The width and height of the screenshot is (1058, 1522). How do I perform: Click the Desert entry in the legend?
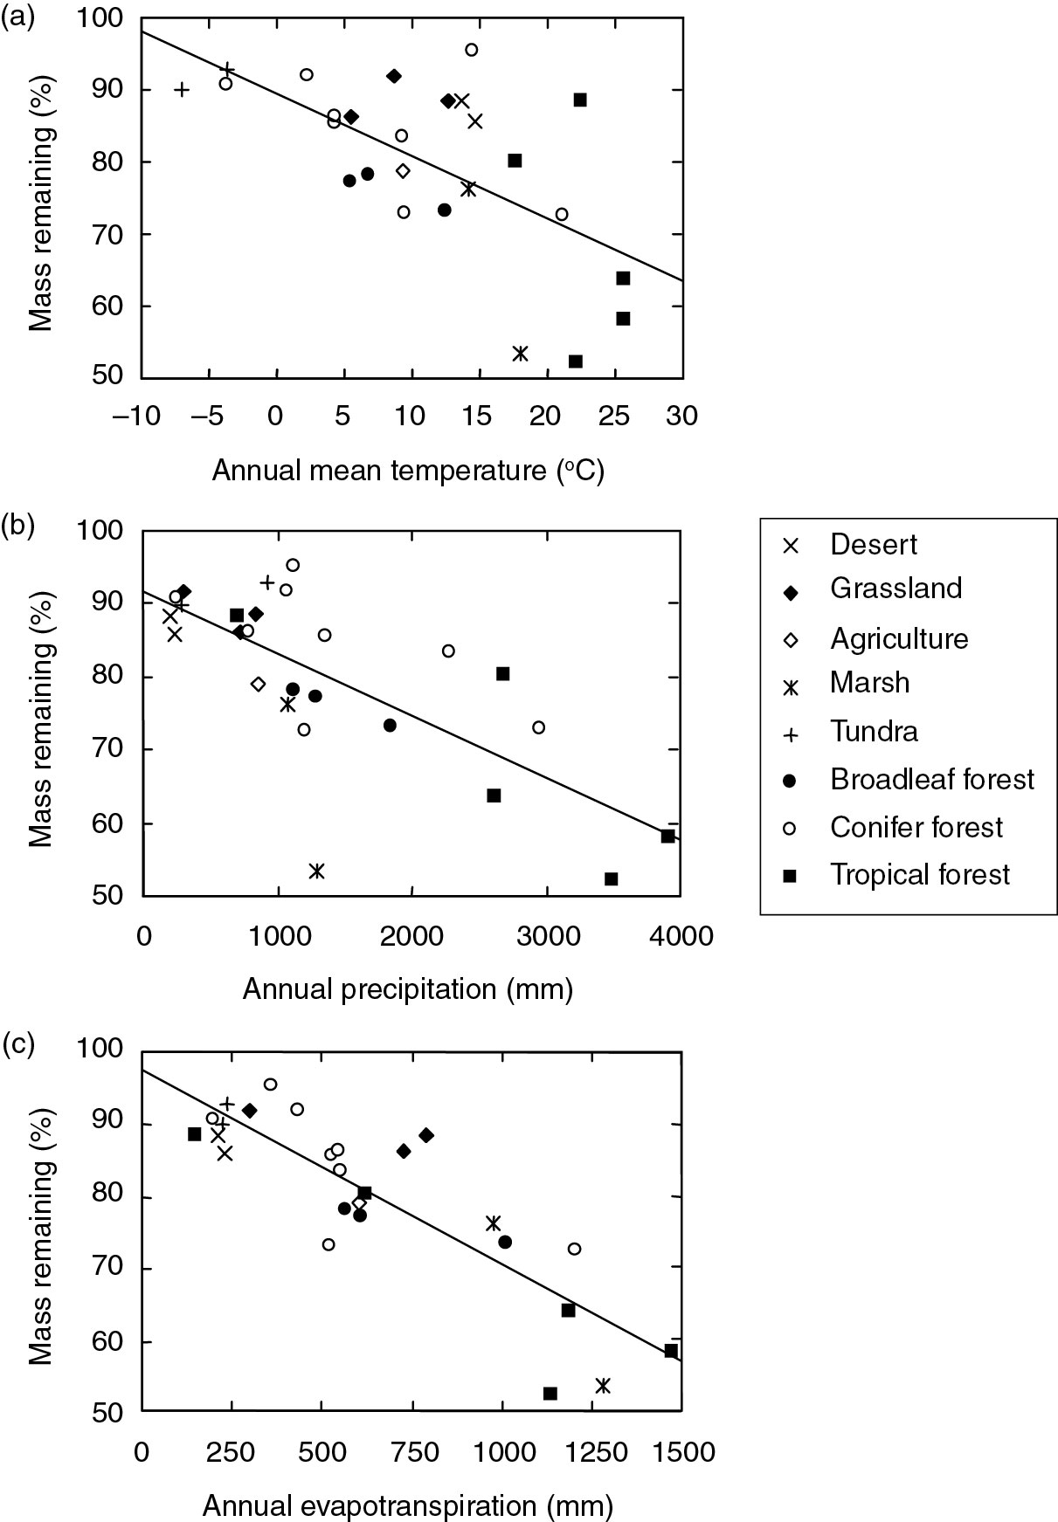(873, 545)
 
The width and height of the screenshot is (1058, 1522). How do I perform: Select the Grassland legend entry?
(895, 589)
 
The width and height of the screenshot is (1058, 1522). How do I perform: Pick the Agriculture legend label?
(899, 638)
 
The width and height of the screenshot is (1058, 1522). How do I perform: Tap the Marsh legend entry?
(869, 682)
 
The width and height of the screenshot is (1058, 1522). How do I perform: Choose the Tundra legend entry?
(874, 731)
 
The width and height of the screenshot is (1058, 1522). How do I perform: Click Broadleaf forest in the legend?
(931, 779)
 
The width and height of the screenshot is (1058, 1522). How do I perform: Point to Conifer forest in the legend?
(916, 827)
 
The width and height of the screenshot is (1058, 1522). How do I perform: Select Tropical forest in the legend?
(919, 875)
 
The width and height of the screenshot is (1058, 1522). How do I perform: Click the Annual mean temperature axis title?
(408, 471)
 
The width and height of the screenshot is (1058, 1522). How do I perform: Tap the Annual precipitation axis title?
(408, 988)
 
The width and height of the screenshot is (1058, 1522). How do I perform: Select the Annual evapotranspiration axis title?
(408, 1505)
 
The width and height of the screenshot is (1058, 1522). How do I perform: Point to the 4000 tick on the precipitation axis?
(679, 936)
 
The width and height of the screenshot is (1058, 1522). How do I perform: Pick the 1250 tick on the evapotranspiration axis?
(590, 1452)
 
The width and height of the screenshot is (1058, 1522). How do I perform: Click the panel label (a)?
(17, 16)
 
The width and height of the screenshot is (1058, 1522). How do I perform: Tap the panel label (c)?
(17, 1043)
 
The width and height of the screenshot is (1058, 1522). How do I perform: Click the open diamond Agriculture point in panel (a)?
(403, 170)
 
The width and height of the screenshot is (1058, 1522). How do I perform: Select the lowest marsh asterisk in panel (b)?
(317, 871)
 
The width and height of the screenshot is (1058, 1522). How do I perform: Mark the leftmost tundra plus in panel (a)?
(181, 88)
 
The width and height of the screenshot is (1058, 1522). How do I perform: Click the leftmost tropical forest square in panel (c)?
(195, 1134)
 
